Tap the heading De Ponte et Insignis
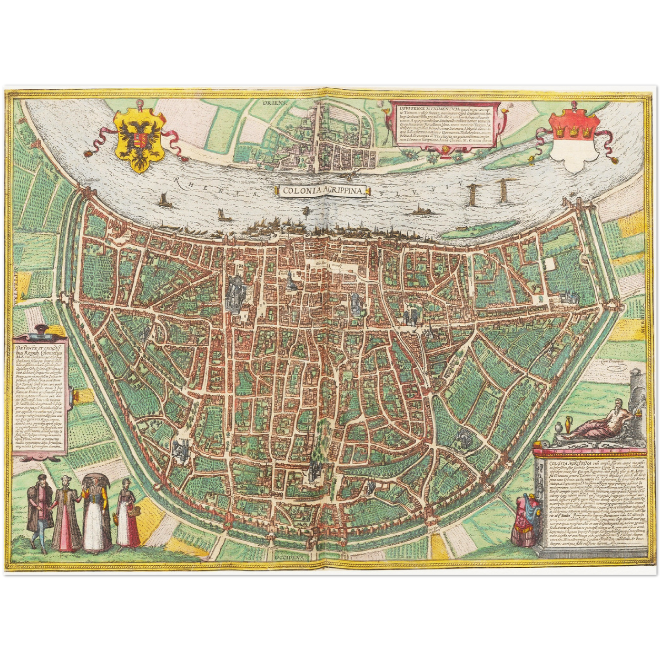pos(41,347)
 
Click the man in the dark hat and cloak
pos(38,508)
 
